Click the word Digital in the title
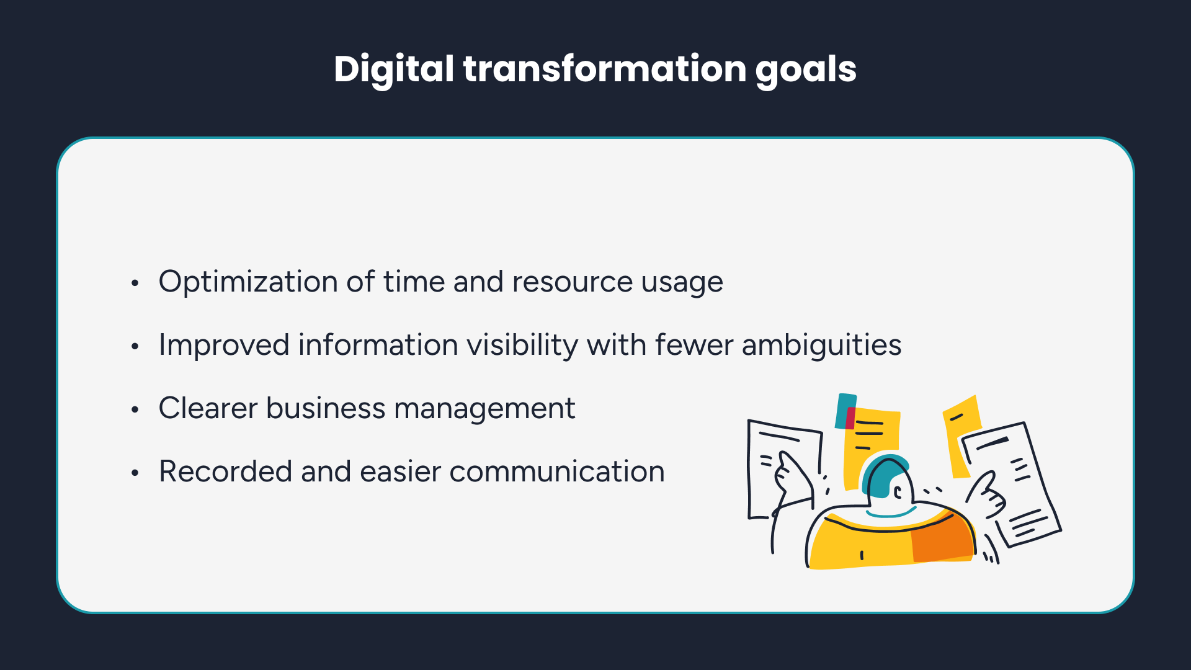pos(394,69)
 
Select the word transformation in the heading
pos(605,68)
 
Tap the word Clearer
pos(208,408)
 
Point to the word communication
pos(557,471)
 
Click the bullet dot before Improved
pos(135,346)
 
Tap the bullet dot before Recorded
pos(135,473)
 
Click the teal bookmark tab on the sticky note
pos(845,411)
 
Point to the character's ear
pos(898,494)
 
